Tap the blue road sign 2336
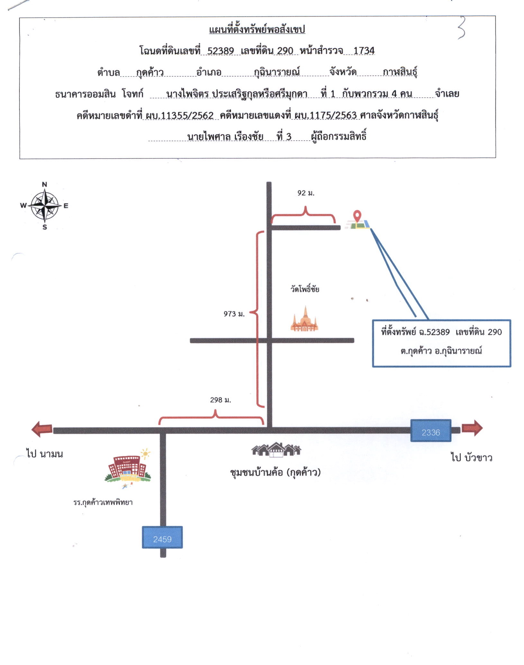click(431, 430)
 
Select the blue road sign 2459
click(162, 537)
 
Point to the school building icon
click(128, 468)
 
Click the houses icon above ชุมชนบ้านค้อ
click(276, 449)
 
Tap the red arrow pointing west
click(42, 429)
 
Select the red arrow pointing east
click(472, 428)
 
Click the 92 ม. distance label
click(306, 193)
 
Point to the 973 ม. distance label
click(234, 314)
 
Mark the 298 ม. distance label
click(221, 400)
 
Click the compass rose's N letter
click(44, 184)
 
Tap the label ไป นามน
click(45, 454)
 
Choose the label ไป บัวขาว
click(472, 457)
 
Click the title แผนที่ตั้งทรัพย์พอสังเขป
click(257, 30)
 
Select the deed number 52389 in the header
click(220, 51)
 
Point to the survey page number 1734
click(364, 50)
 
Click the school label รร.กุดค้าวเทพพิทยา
click(103, 502)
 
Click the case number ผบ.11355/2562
click(179, 115)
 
